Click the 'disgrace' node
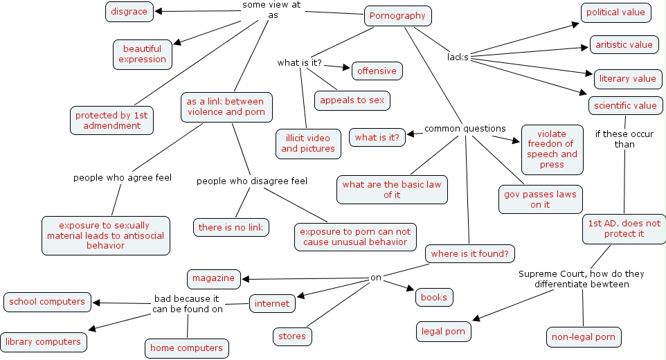tap(129, 11)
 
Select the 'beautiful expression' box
tap(142, 54)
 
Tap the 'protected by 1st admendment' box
tap(111, 120)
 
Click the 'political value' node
tap(615, 12)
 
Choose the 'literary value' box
tap(627, 79)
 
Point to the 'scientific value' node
tap(625, 106)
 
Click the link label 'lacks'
tap(458, 57)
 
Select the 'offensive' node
tap(377, 71)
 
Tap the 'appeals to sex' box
tap(352, 100)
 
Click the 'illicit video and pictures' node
tap(308, 143)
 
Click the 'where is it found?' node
tap(469, 253)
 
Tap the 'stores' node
tap(291, 336)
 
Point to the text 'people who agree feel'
tap(123, 178)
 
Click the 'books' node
tap(434, 297)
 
